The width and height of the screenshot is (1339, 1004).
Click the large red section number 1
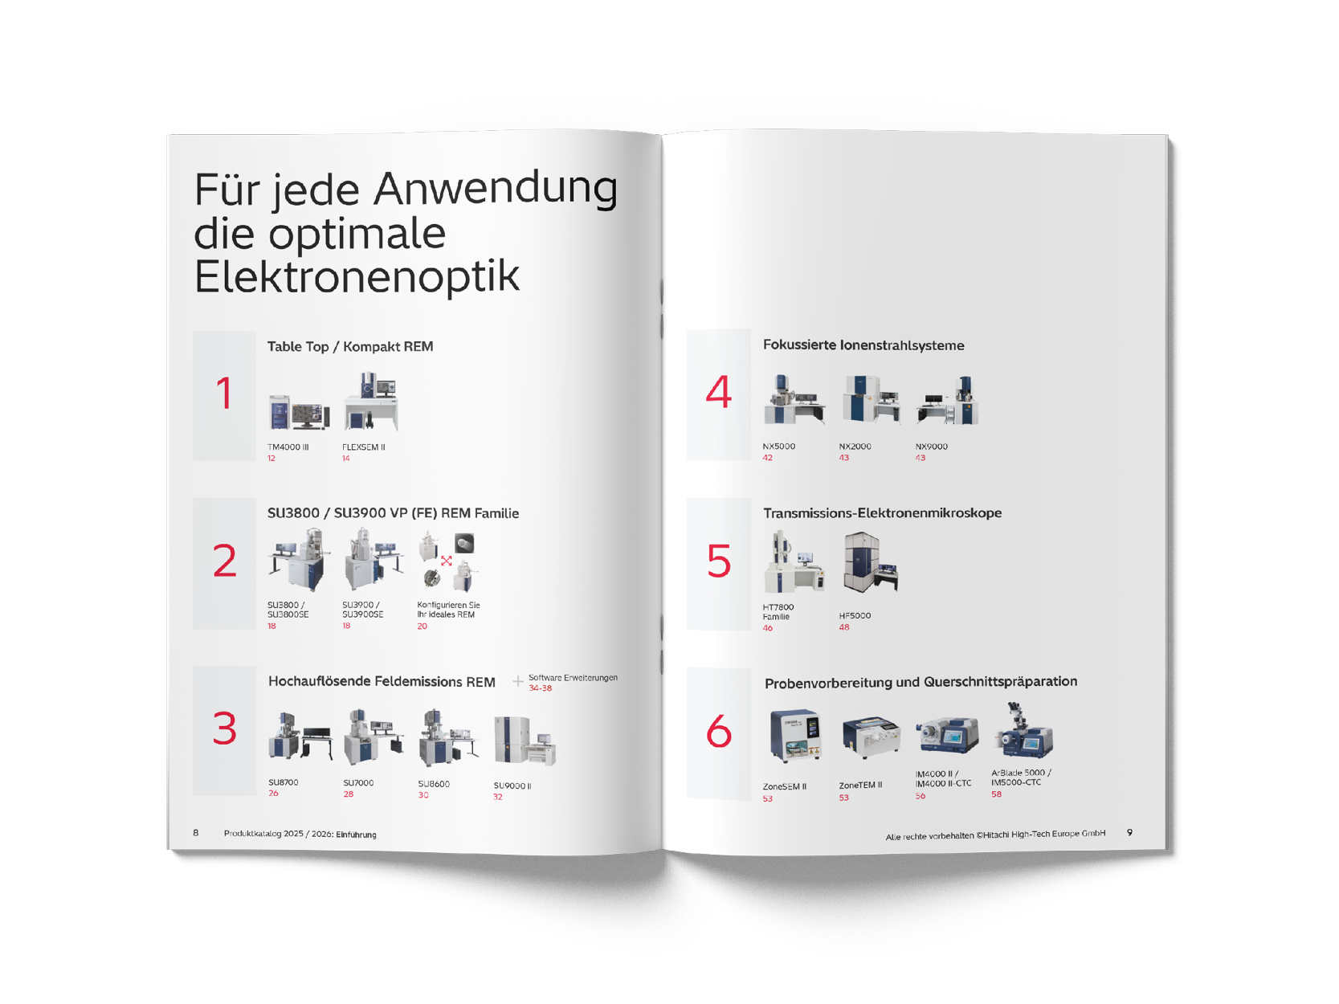[x=224, y=394]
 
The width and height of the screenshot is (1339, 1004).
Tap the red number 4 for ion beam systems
[x=718, y=393]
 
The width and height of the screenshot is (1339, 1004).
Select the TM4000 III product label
[x=288, y=447]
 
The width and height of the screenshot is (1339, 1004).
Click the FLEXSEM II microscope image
[x=371, y=402]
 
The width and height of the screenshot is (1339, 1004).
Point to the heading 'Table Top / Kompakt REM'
[x=350, y=346]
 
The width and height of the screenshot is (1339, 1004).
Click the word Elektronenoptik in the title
[x=357, y=276]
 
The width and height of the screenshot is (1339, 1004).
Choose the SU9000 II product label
[x=512, y=786]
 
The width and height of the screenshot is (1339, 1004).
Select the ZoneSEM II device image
[x=794, y=735]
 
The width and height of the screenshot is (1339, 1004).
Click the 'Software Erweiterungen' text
[x=573, y=677]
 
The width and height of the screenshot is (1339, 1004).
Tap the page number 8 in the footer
[x=196, y=833]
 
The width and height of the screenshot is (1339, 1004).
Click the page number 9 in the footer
[x=1129, y=833]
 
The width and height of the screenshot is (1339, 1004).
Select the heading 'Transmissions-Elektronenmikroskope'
[x=882, y=513]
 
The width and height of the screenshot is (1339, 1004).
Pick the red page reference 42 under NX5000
[x=768, y=458]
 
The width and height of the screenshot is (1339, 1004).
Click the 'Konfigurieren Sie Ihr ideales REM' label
[x=448, y=610]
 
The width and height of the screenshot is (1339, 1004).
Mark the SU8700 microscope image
[x=299, y=737]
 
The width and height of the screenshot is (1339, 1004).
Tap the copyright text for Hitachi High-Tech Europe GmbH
[x=995, y=835]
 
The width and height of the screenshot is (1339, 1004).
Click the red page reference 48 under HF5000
[x=844, y=627]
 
